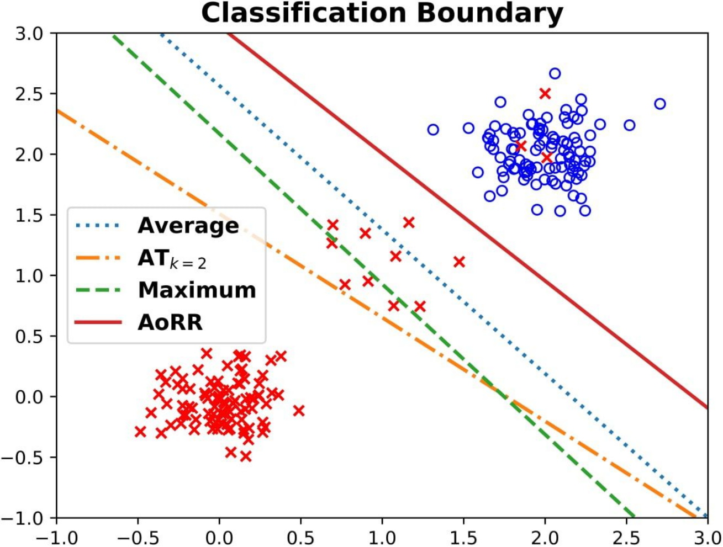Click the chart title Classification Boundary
pos(382,14)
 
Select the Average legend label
pos(188,226)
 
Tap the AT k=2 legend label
pos(172,259)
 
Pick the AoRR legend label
pos(170,322)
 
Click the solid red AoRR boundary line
pos(467,220)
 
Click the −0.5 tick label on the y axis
pos(22,458)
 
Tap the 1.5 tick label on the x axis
pos(463,538)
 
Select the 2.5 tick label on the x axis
pos(626,538)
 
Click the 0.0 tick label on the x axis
pos(219,538)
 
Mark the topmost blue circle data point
pos(555,74)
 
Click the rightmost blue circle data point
pos(660,104)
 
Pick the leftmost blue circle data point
pos(433,130)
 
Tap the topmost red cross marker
pos(545,94)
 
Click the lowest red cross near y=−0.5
pos(246,456)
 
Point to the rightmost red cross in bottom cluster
pos(298,411)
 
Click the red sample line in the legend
pos(98,322)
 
